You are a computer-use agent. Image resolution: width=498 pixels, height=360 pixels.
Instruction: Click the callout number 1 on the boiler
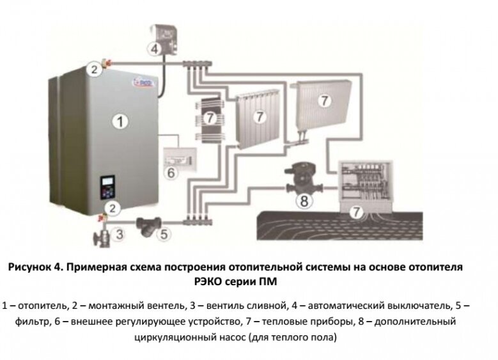coord(116,120)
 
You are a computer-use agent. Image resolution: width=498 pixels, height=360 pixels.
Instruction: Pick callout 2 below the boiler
coord(112,207)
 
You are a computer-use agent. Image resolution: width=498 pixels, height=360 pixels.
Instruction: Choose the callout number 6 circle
coord(171,173)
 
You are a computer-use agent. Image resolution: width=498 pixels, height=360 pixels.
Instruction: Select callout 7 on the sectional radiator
coord(260,117)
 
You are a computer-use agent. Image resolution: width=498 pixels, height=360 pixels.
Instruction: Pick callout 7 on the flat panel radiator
coord(324,100)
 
